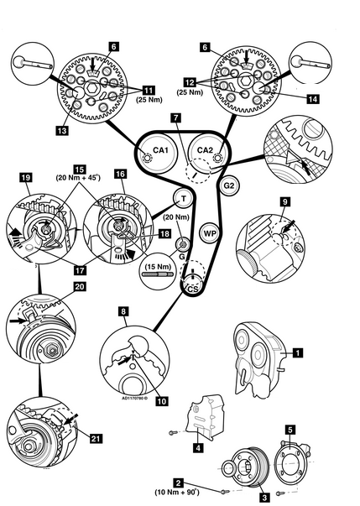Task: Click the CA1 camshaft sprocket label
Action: [x=160, y=150]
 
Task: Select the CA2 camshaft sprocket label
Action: [x=205, y=150]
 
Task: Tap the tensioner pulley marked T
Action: [x=184, y=198]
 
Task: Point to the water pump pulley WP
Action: [x=210, y=232]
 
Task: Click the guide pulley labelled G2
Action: [x=229, y=185]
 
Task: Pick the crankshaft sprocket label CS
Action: [x=193, y=289]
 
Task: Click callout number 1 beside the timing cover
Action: [x=297, y=352]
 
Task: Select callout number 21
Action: [x=96, y=439]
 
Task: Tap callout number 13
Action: [x=62, y=130]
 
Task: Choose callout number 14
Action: [x=312, y=99]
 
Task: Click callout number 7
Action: [x=176, y=117]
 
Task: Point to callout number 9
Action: [x=284, y=202]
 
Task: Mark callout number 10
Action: [x=162, y=401]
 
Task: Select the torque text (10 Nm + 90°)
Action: [x=177, y=492]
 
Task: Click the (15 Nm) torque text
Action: [x=158, y=267]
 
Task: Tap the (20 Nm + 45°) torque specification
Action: [x=78, y=177]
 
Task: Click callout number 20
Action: [x=81, y=286]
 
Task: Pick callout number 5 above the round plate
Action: [x=290, y=430]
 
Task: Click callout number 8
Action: [x=123, y=311]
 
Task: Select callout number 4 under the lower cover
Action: [x=198, y=448]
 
